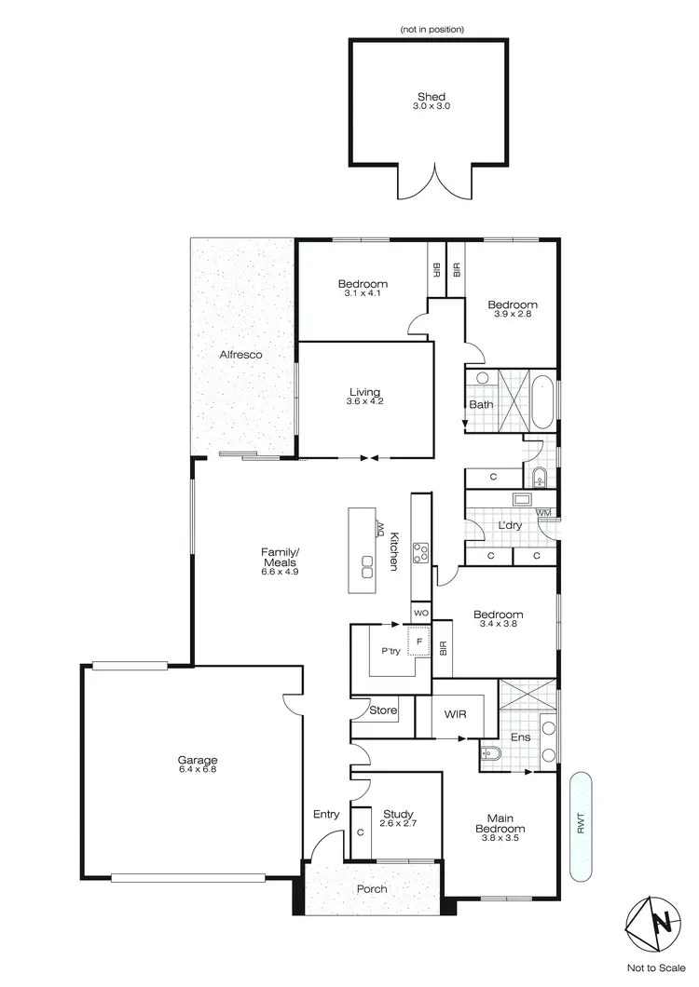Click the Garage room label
197,759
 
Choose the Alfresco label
240,355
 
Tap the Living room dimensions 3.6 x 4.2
364,403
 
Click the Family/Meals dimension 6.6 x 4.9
280,572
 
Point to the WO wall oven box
420,614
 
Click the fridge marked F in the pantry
419,642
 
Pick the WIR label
455,715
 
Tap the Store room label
383,710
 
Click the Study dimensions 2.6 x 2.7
397,824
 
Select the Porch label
372,888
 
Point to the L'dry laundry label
509,525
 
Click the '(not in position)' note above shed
432,30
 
